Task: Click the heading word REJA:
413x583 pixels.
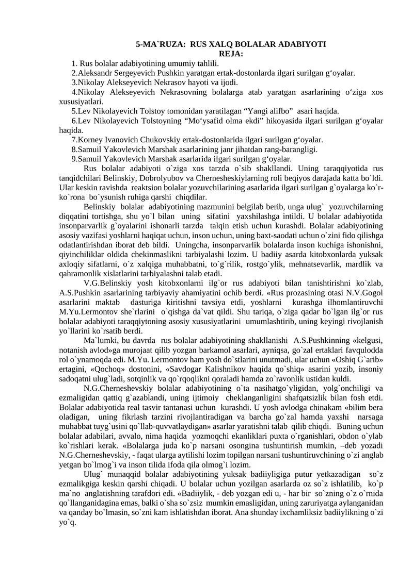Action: coord(230,54)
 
